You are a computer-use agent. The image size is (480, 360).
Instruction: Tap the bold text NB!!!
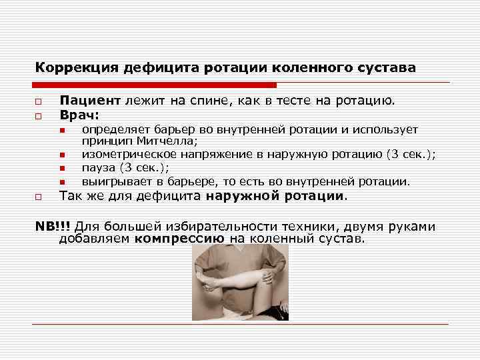[53, 226]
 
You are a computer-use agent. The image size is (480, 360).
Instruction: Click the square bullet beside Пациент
[39, 102]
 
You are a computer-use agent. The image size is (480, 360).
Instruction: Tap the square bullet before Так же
[39, 197]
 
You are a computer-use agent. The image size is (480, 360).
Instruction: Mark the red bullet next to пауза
[61, 169]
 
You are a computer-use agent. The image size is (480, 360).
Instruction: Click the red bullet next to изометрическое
[61, 155]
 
